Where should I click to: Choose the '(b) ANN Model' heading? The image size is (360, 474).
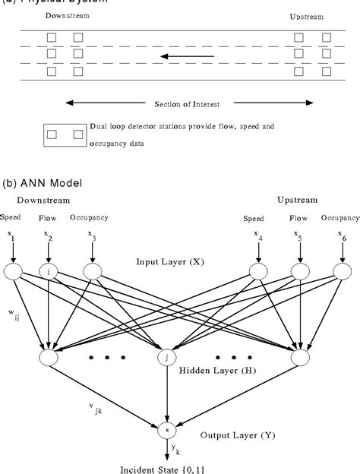pos(44,183)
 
